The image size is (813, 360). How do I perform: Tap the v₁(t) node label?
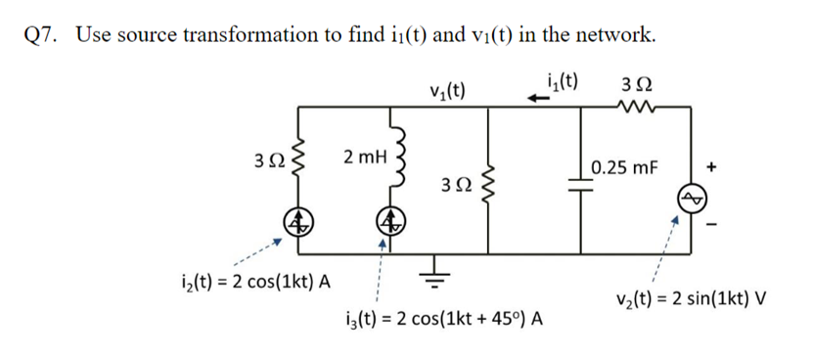coord(447,91)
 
